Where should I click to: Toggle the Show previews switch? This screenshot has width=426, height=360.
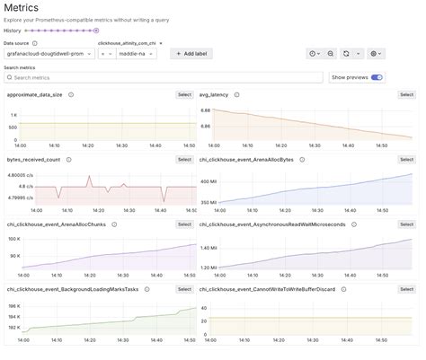coord(377,78)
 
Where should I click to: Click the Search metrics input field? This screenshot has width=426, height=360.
coord(162,78)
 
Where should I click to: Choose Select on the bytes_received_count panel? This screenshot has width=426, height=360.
coord(184,159)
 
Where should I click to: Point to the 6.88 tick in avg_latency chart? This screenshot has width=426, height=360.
coord(205,110)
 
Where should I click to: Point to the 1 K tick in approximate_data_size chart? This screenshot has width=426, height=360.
coord(13,115)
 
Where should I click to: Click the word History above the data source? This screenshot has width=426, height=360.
coord(13,31)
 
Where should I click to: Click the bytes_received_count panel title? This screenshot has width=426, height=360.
coord(33,159)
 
